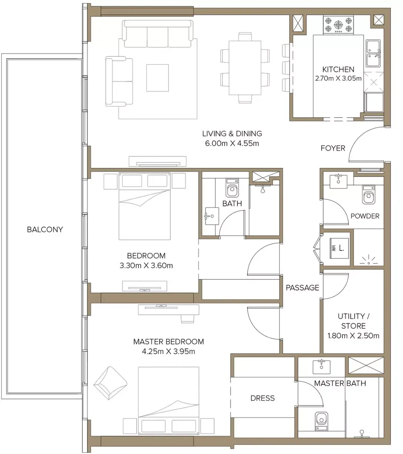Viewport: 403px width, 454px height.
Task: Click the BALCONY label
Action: click(x=45, y=229)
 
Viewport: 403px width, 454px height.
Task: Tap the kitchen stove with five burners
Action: click(x=338, y=25)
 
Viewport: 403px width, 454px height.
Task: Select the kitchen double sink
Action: click(x=373, y=53)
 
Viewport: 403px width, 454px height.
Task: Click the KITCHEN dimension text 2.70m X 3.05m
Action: click(x=338, y=79)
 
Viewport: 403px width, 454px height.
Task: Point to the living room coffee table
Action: click(x=157, y=78)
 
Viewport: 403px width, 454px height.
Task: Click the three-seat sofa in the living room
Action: click(x=157, y=34)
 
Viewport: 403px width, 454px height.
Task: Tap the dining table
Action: click(x=245, y=68)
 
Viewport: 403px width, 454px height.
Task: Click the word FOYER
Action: click(x=333, y=148)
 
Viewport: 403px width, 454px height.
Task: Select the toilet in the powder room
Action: click(x=369, y=195)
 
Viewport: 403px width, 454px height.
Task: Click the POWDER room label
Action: click(x=365, y=216)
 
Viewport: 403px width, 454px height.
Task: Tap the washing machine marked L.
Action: click(x=339, y=248)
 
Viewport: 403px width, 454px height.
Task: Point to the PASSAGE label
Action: click(x=302, y=288)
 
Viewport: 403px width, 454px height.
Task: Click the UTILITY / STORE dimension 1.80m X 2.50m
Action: click(x=353, y=335)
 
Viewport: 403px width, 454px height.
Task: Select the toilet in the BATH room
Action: click(x=232, y=188)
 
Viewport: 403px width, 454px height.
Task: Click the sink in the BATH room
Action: click(x=212, y=216)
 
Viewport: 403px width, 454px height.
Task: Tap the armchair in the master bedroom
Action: click(x=110, y=383)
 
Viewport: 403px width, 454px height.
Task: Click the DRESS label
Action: click(x=263, y=398)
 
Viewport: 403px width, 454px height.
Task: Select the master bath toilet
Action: click(x=321, y=421)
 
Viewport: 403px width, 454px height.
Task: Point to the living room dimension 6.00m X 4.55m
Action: click(x=232, y=143)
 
